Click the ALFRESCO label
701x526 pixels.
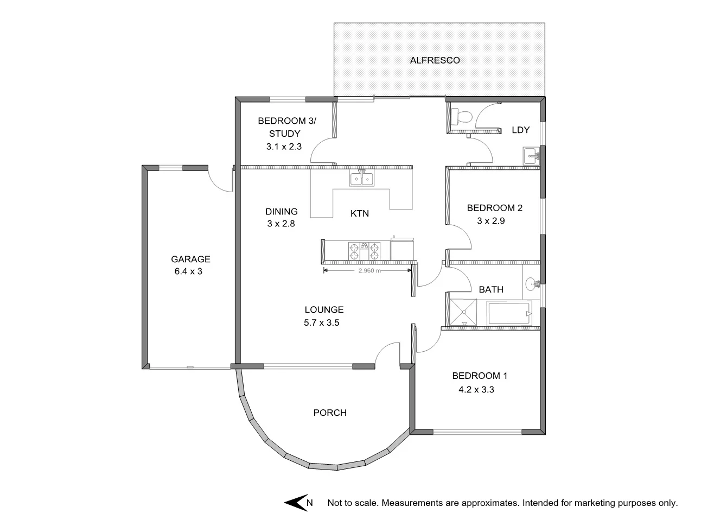click(x=435, y=60)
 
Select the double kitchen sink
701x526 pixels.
click(x=361, y=178)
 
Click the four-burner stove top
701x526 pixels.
click(x=364, y=251)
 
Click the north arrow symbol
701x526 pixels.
click(x=296, y=503)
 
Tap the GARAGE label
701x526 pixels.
click(x=190, y=259)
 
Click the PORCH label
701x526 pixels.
click(x=330, y=413)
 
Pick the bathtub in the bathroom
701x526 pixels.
click(x=509, y=314)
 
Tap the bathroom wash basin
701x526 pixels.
click(x=532, y=283)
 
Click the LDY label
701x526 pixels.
click(x=520, y=130)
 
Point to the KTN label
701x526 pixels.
click(x=359, y=213)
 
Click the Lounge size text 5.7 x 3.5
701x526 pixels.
click(x=324, y=323)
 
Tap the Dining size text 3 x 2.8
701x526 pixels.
click(x=281, y=223)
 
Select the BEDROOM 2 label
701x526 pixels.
click(x=494, y=207)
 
